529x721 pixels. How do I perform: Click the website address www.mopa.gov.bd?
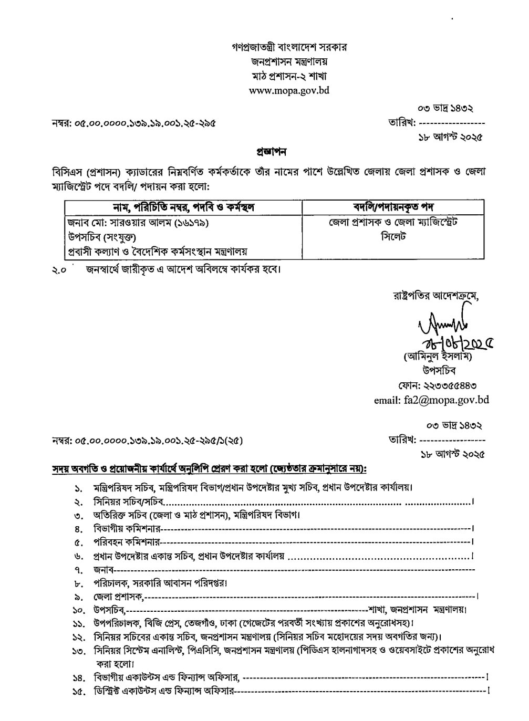coord(289,90)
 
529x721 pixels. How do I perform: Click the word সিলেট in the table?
coord(393,237)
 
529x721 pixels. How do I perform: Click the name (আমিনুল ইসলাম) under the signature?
coord(439,357)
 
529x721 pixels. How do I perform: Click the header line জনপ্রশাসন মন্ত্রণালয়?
coord(289,61)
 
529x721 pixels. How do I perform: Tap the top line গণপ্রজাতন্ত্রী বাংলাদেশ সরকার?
coord(289,47)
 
